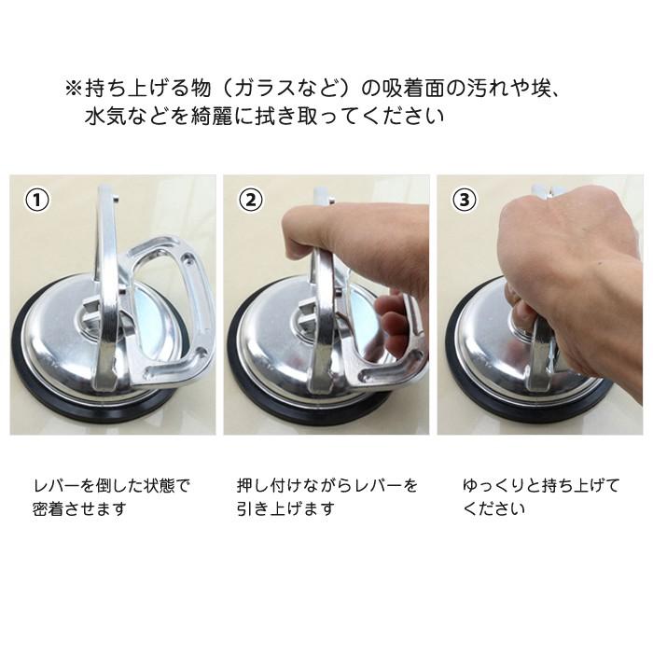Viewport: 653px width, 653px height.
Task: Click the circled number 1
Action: click(x=37, y=200)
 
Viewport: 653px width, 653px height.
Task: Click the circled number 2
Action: click(x=251, y=200)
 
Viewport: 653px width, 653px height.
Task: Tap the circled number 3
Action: click(x=465, y=200)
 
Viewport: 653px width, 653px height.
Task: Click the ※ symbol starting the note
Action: click(x=74, y=89)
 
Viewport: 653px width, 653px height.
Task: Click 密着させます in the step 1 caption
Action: click(x=79, y=508)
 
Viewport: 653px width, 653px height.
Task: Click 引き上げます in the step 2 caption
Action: click(x=285, y=508)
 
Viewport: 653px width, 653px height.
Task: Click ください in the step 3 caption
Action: click(x=493, y=508)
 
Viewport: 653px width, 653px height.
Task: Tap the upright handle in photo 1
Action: click(x=106, y=287)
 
